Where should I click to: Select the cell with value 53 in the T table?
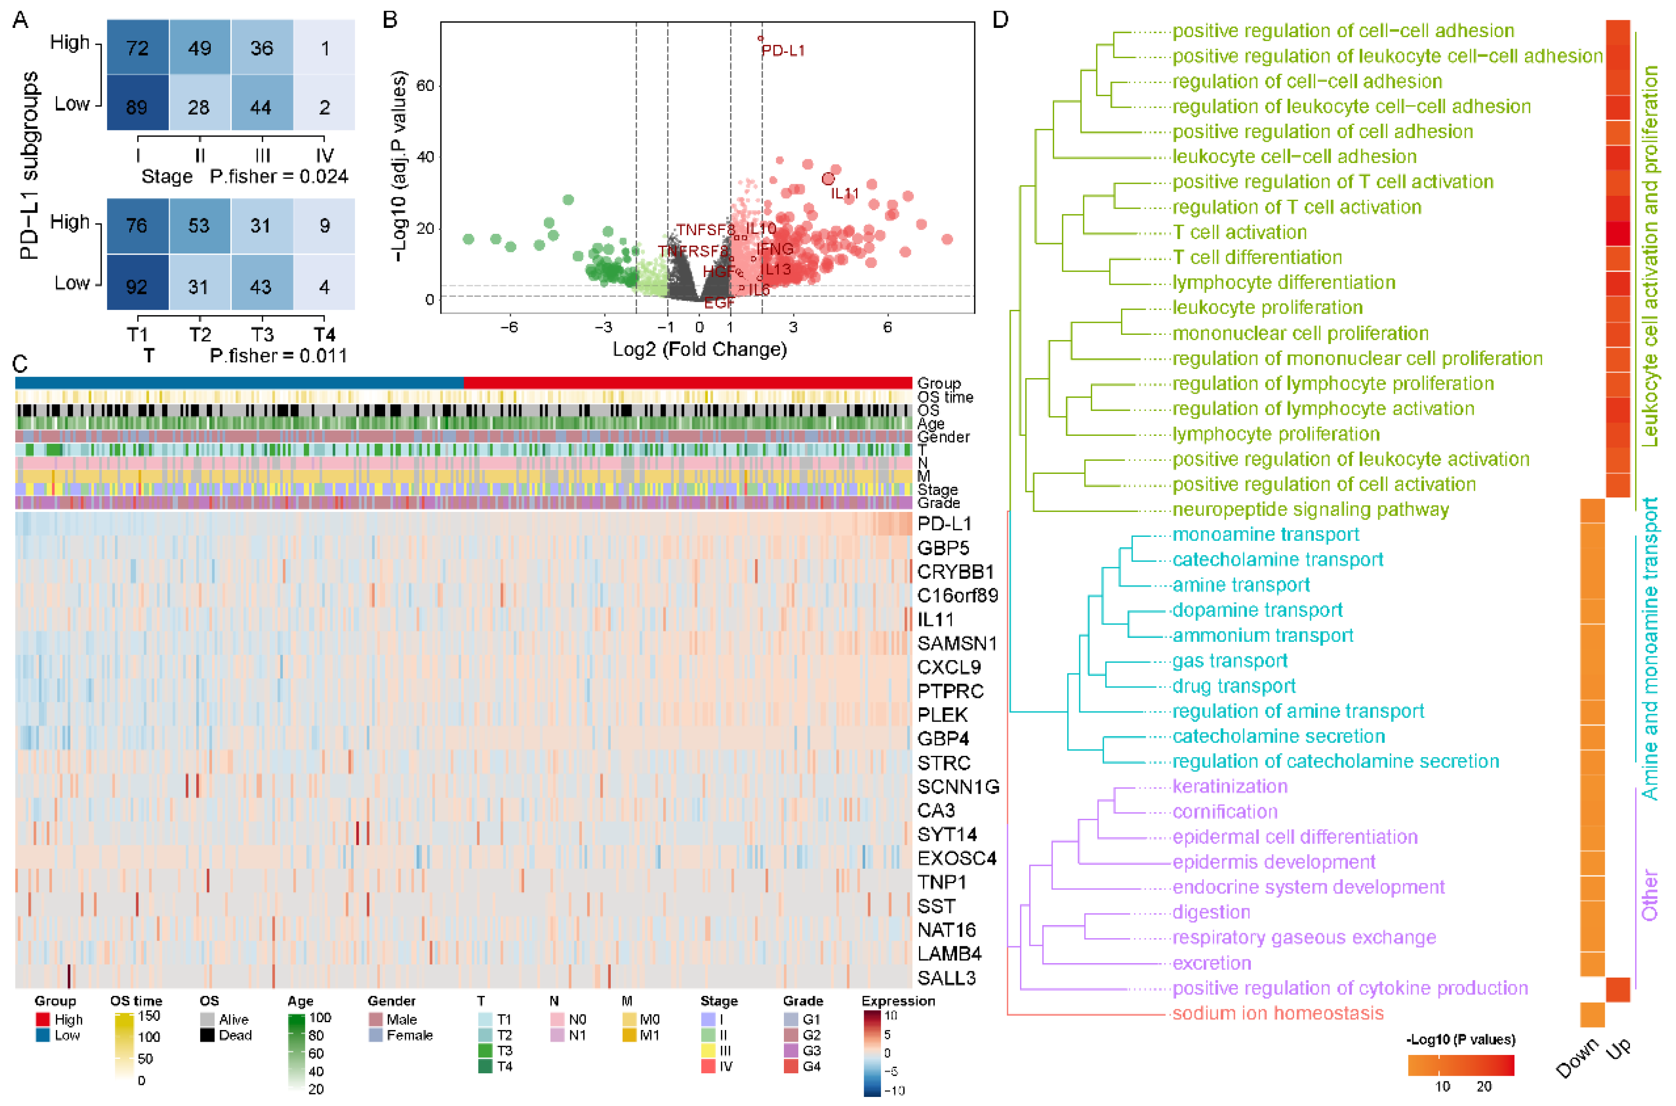pyautogui.click(x=199, y=226)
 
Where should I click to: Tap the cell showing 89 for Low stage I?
pyautogui.click(x=137, y=107)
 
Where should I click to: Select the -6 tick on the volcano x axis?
pyautogui.click(x=509, y=327)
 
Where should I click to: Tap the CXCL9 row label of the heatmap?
pyautogui.click(x=948, y=667)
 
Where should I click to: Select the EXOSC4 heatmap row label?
pyautogui.click(x=956, y=858)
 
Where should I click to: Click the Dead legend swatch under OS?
pyautogui.click(x=207, y=1035)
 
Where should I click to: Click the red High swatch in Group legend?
pyautogui.click(x=42, y=1020)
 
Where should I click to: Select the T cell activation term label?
pyautogui.click(x=1239, y=232)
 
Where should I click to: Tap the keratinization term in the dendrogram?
pyautogui.click(x=1230, y=787)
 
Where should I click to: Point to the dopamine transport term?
pyautogui.click(x=1257, y=610)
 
